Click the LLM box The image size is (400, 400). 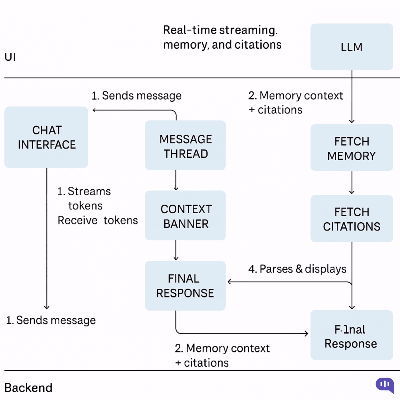click(x=351, y=47)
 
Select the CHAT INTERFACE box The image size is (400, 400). click(x=46, y=137)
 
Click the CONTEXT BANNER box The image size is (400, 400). click(x=185, y=216)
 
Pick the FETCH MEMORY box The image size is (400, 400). click(x=351, y=148)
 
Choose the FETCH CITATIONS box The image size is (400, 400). click(x=351, y=219)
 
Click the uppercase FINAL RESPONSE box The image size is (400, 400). click(x=185, y=286)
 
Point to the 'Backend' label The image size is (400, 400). click(x=28, y=388)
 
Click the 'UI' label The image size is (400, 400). click(x=10, y=57)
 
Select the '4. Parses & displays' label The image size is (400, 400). click(x=297, y=269)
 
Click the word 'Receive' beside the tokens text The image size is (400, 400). click(x=77, y=220)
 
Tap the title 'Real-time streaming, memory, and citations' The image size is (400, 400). click(x=222, y=37)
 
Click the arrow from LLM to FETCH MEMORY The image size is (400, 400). click(x=352, y=97)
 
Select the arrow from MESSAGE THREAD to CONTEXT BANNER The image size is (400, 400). click(x=176, y=180)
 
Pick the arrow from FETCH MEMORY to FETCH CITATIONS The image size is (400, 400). click(x=352, y=183)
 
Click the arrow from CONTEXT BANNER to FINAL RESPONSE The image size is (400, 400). click(x=176, y=250)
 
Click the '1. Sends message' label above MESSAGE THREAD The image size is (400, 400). click(x=136, y=96)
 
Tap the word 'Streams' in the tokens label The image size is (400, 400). click(x=89, y=191)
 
